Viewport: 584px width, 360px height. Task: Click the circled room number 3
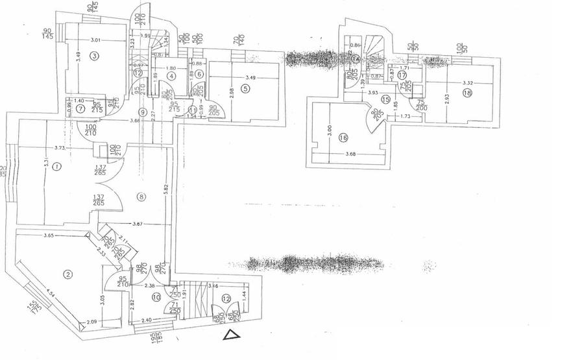tap(95, 56)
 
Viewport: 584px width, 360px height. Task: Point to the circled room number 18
tap(468, 94)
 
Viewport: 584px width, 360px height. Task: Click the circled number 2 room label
tap(67, 274)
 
